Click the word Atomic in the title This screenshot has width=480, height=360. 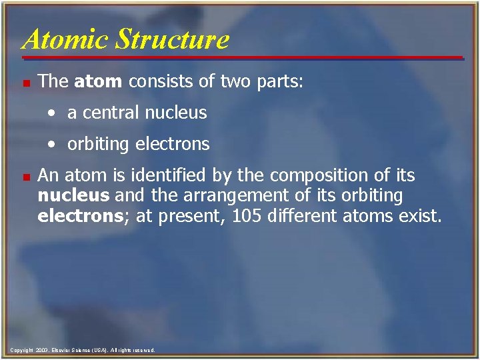click(x=63, y=39)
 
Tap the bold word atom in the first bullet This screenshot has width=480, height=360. click(x=99, y=82)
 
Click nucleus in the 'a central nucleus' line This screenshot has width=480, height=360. click(x=175, y=113)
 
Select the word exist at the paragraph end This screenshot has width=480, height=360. click(x=420, y=216)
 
